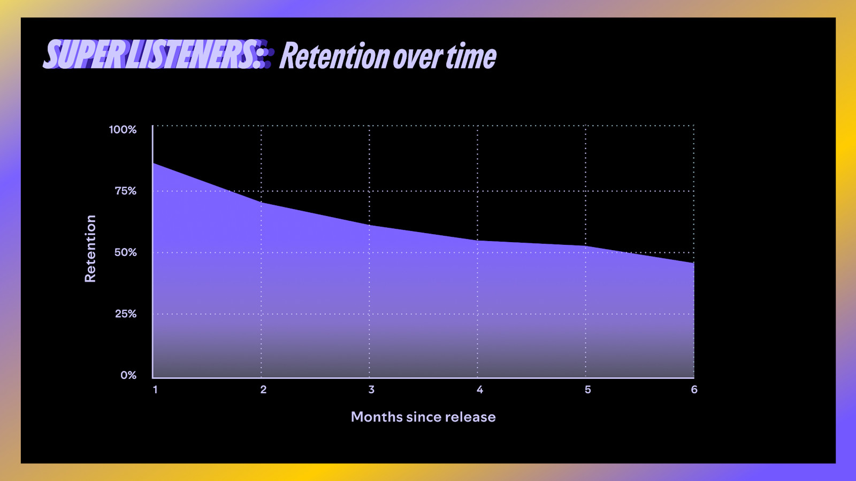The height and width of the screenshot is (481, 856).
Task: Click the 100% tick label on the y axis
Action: tap(123, 129)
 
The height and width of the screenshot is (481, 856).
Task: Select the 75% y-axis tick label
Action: tap(125, 191)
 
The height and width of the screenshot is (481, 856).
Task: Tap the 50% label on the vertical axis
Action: tap(125, 252)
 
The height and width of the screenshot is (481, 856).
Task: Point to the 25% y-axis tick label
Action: tap(125, 314)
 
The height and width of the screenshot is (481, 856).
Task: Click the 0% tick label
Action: tap(128, 375)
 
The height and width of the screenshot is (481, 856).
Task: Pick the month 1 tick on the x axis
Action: tap(155, 390)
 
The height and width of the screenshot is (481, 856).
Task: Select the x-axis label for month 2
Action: tap(263, 390)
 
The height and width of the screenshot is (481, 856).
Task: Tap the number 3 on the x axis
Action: tap(371, 390)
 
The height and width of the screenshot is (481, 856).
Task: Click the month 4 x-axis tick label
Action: tap(480, 390)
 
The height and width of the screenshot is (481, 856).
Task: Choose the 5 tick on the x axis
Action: tap(587, 390)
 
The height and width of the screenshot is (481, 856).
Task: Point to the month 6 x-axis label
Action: tap(694, 390)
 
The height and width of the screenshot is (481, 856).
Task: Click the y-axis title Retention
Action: tap(90, 249)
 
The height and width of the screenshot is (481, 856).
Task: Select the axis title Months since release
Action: tap(423, 417)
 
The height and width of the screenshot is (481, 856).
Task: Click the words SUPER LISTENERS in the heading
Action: tap(152, 55)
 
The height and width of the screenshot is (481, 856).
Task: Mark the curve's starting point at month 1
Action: tap(154, 163)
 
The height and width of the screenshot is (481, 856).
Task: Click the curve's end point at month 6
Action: tap(693, 263)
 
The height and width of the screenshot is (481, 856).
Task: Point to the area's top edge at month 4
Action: tap(478, 241)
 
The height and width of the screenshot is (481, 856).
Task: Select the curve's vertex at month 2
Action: tap(262, 203)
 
